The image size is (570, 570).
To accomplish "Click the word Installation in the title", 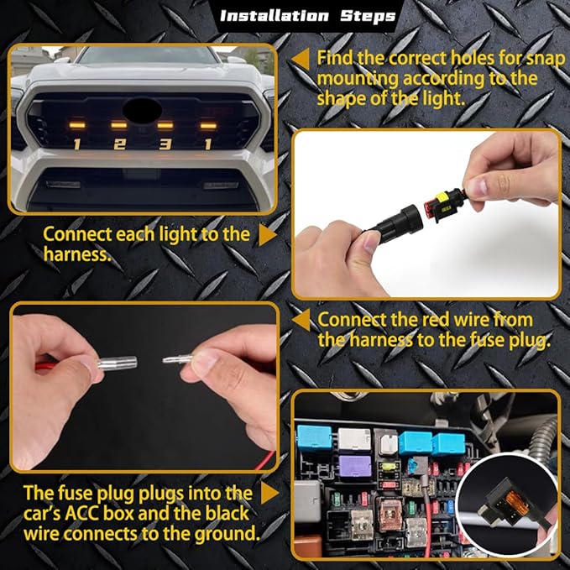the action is point(275,16).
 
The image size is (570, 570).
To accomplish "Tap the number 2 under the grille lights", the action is point(119,144).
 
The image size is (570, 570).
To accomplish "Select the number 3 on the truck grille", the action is point(165,144).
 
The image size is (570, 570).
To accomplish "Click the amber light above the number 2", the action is point(119,125).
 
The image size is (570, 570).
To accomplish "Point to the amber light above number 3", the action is point(165,125).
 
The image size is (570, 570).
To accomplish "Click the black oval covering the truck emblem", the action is point(142,109).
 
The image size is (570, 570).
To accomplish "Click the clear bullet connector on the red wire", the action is point(117,363).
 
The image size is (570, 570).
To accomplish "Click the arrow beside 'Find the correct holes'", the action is point(301,60).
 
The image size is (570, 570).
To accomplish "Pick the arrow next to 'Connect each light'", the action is point(268,235).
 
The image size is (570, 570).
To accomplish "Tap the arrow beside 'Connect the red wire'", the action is point(301,321).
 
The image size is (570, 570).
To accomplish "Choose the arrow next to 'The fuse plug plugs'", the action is point(269,494).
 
